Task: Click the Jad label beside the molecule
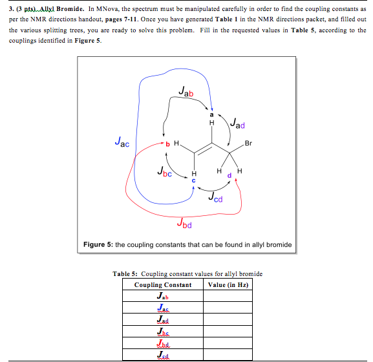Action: pos(237,123)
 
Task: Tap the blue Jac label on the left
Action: pos(121,140)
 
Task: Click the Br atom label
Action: pos(250,142)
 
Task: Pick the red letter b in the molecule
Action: pos(166,144)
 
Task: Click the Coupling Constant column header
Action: pos(163,285)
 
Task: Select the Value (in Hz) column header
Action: pos(228,285)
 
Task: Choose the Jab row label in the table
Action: pos(163,296)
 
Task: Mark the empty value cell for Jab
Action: pos(228,296)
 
